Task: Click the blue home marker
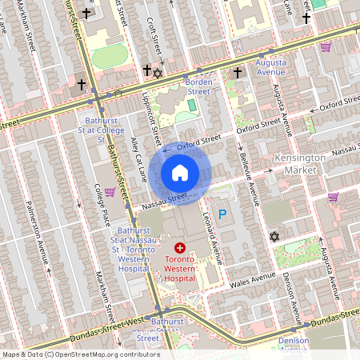pos(180,173)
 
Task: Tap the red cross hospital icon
pos(180,249)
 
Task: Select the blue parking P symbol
pos(223,214)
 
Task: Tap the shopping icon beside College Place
pos(110,194)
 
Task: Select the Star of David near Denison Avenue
pos(274,237)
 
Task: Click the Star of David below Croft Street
pos(158,74)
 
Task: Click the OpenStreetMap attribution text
pos(81,354)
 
